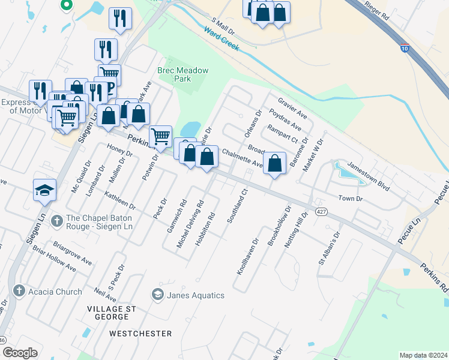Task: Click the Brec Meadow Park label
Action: coord(182,74)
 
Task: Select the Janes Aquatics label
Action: coord(195,295)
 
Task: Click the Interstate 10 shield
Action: coord(406,49)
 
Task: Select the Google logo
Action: coord(20,353)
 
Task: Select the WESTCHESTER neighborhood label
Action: coord(137,332)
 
